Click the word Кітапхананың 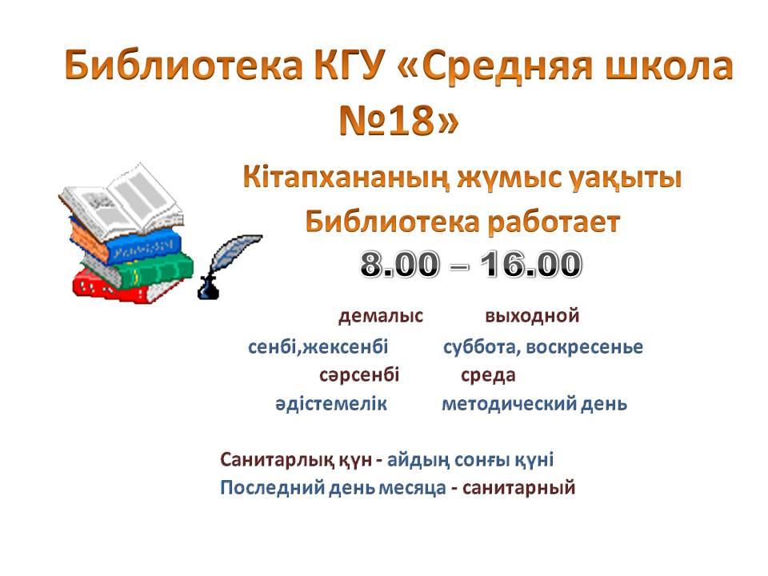point(346,178)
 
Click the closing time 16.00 point(530,264)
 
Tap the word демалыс point(381,316)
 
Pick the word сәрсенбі point(359,375)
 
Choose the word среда point(488,376)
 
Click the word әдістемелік point(331,403)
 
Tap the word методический point(508,404)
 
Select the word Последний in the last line point(272,488)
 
